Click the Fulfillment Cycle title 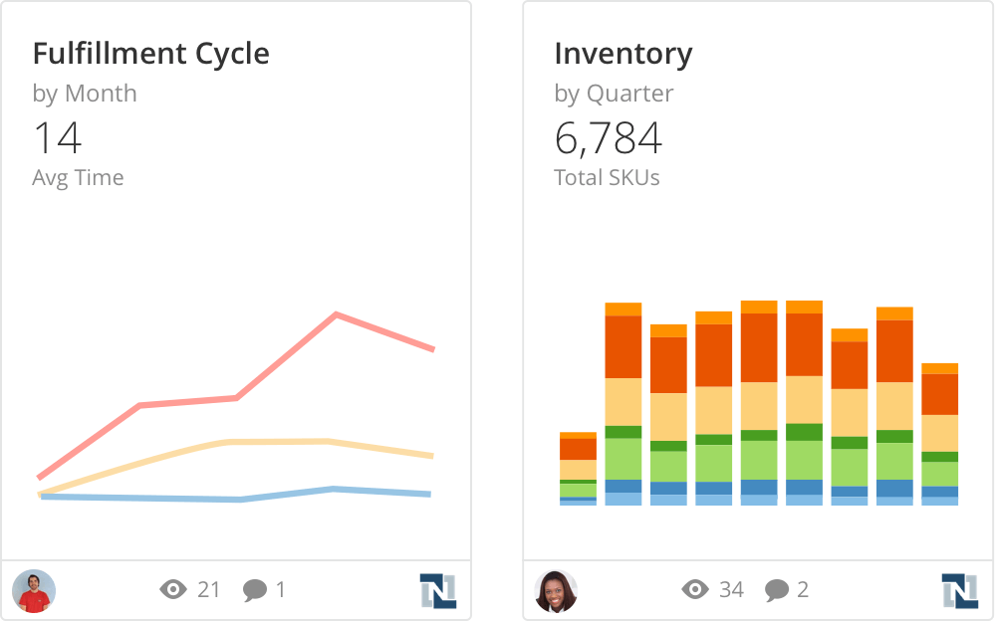[150, 53]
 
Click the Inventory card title [622, 53]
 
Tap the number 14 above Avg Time [57, 138]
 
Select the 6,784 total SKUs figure [608, 138]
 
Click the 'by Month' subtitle [85, 94]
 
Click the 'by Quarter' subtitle [614, 94]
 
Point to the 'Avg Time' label [78, 178]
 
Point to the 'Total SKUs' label [607, 178]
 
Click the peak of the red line [338, 315]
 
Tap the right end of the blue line [429, 494]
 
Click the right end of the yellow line [431, 456]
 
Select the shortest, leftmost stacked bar [578, 469]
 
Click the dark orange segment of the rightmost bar [939, 394]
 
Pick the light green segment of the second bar [622, 459]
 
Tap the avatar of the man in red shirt [34, 590]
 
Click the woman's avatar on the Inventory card [556, 590]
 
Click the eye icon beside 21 [173, 590]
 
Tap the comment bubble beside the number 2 [777, 590]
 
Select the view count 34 [731, 590]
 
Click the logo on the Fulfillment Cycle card [437, 590]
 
